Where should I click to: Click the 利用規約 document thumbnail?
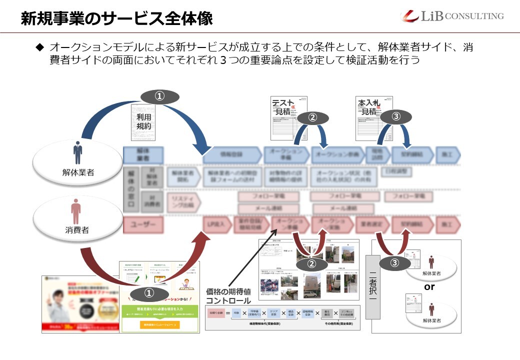pos(144,123)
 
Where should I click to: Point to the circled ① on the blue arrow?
pos(159,97)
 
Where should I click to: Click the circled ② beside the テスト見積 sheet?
pos(312,117)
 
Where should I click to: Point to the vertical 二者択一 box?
pos(373,287)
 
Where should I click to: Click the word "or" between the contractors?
pos(429,287)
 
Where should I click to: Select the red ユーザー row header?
pos(143,225)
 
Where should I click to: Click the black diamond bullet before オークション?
pos(40,47)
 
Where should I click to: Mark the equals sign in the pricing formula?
pos(227,313)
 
